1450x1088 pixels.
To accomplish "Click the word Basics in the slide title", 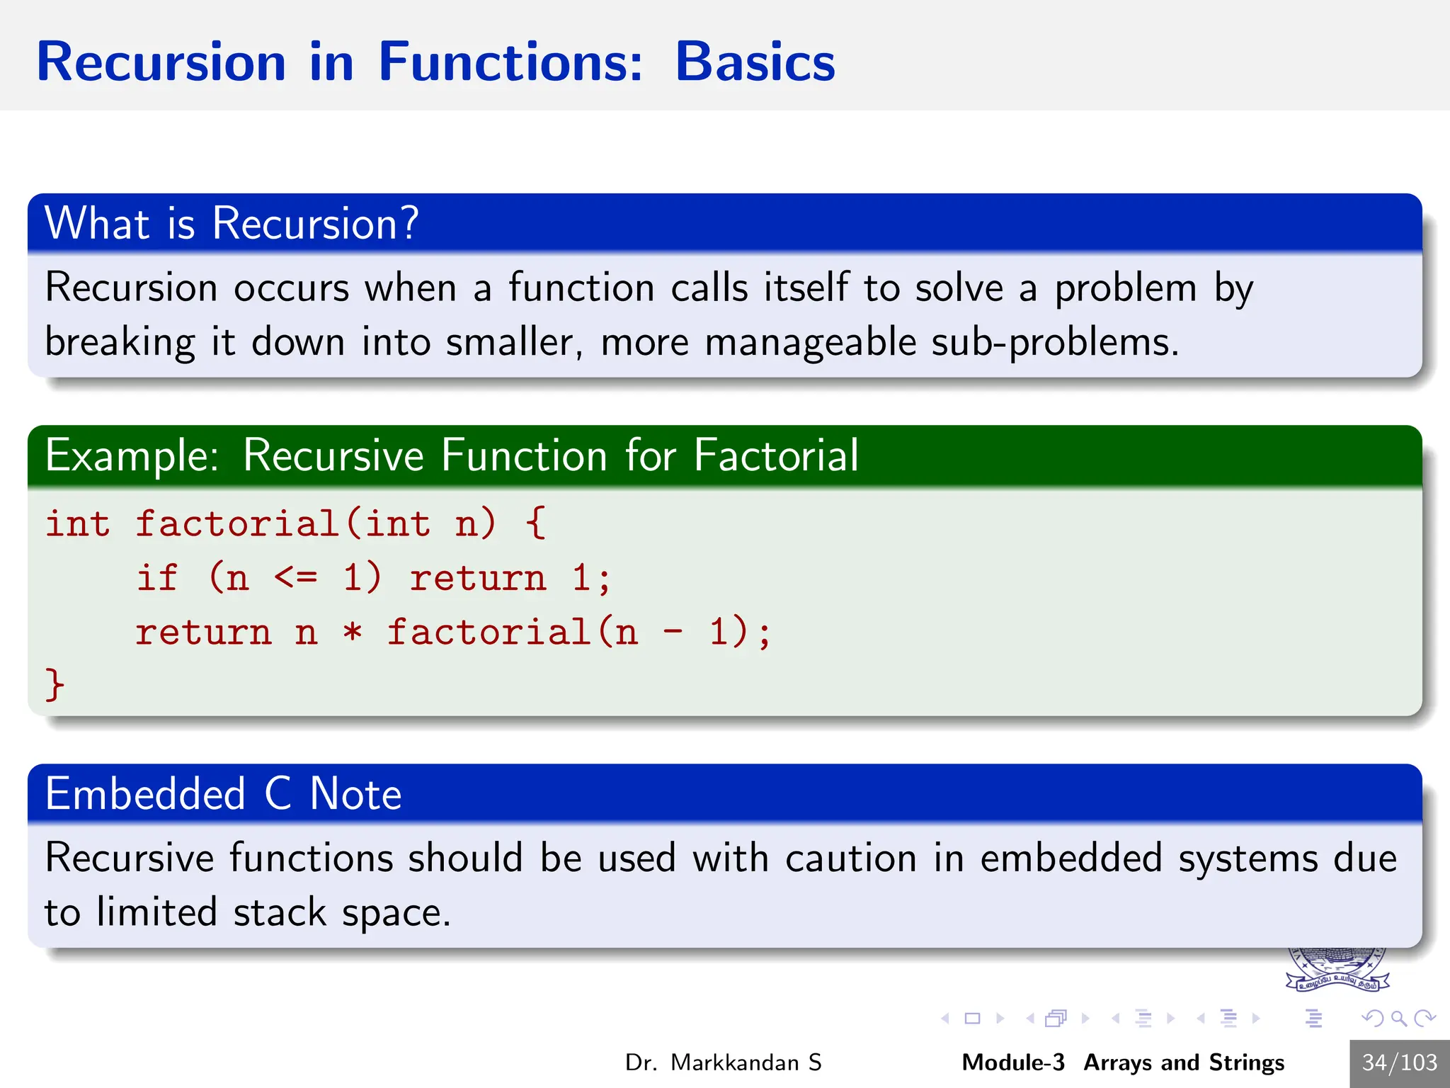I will click(x=755, y=62).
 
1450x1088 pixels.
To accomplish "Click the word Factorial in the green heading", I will click(x=775, y=455).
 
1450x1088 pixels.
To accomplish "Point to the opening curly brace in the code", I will click(x=535, y=524).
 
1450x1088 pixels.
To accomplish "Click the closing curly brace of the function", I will click(x=55, y=685).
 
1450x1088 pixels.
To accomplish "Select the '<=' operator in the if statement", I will click(x=296, y=578).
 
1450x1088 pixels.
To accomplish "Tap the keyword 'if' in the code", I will click(x=157, y=578).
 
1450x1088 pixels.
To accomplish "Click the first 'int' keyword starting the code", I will click(x=78, y=524).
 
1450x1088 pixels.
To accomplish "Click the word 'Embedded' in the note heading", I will click(x=145, y=793).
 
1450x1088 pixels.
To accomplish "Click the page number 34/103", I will click(x=1399, y=1062).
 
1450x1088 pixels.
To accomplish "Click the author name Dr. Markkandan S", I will click(x=723, y=1062).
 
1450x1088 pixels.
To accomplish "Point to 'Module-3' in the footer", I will click(x=1012, y=1062).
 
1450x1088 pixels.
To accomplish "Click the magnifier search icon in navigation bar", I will click(x=1398, y=1019).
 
